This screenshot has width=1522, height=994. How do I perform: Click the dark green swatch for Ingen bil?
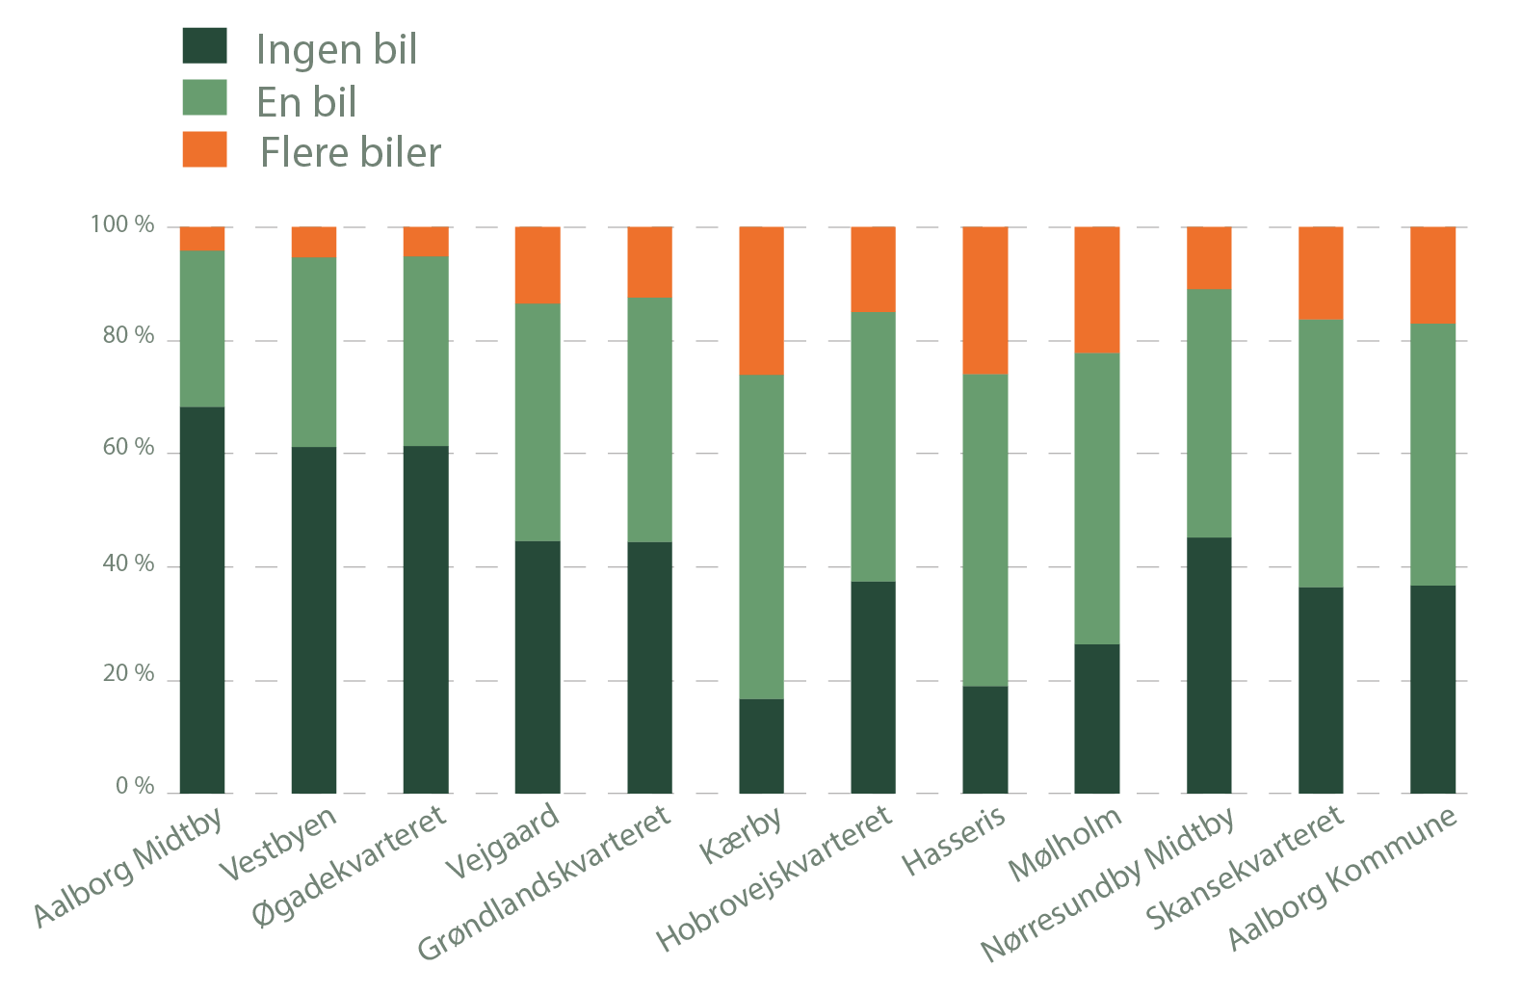pos(204,46)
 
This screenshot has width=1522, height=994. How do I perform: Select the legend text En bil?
pos(306,102)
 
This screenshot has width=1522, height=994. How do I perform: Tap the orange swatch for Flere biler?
pos(204,149)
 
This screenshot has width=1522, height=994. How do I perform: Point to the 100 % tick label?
pos(122,225)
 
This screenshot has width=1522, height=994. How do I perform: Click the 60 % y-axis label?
pos(128,448)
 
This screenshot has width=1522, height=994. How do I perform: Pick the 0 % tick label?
pos(135,787)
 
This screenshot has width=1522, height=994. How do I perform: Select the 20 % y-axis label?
pos(128,674)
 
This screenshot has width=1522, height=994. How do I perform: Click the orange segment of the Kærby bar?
pos(761,301)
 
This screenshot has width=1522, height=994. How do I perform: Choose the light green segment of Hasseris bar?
pos(985,530)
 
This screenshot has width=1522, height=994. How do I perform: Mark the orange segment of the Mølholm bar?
pos(1097,290)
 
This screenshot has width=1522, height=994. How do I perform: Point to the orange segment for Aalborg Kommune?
pos(1432,275)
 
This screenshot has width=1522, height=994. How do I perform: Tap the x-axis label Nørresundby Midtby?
pos(1108,884)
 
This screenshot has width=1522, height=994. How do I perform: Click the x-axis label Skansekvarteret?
pos(1245,868)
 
